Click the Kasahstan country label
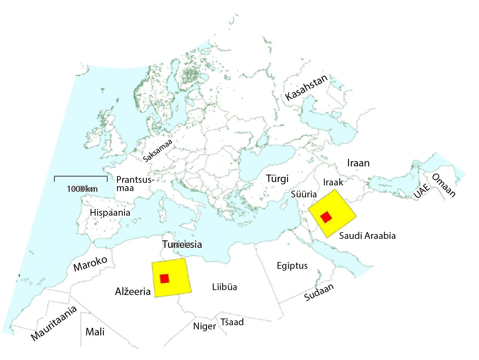click(306, 87)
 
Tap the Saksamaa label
click(158, 150)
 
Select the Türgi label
click(277, 179)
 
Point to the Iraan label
click(358, 163)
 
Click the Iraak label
click(333, 182)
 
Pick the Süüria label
click(304, 194)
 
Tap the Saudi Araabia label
click(367, 236)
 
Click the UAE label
click(421, 190)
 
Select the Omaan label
click(444, 185)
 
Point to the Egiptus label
click(292, 266)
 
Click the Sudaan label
click(319, 292)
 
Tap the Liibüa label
click(225, 287)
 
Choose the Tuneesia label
click(182, 244)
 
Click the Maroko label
click(90, 264)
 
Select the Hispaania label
click(110, 213)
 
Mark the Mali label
click(95, 332)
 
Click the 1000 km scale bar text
click(82, 189)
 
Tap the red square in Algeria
click(164, 279)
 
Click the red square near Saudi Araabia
click(326, 217)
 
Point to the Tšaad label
click(232, 322)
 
